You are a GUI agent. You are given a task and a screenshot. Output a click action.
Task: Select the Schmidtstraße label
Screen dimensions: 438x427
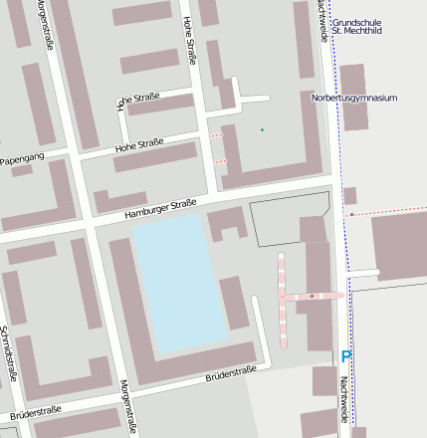point(9,353)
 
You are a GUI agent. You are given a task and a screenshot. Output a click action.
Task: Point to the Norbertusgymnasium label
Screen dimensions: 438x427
point(354,99)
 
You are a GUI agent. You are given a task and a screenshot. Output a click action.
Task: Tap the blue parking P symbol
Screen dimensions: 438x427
point(346,356)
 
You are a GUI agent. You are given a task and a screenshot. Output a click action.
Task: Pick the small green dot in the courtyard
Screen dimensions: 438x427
point(263,129)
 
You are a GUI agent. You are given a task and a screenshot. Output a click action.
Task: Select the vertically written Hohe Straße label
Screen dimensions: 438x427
point(189,42)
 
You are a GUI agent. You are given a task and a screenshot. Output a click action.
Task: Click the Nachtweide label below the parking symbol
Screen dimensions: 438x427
point(343,398)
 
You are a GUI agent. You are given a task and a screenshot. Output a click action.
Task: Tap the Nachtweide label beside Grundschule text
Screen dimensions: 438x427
point(320,20)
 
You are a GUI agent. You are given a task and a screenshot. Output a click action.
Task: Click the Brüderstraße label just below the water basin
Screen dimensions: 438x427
point(230,374)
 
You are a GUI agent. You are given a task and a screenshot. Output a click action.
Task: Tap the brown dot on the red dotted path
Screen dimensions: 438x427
point(351,214)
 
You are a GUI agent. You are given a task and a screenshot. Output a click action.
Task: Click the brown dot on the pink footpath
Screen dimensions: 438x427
point(312,296)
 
